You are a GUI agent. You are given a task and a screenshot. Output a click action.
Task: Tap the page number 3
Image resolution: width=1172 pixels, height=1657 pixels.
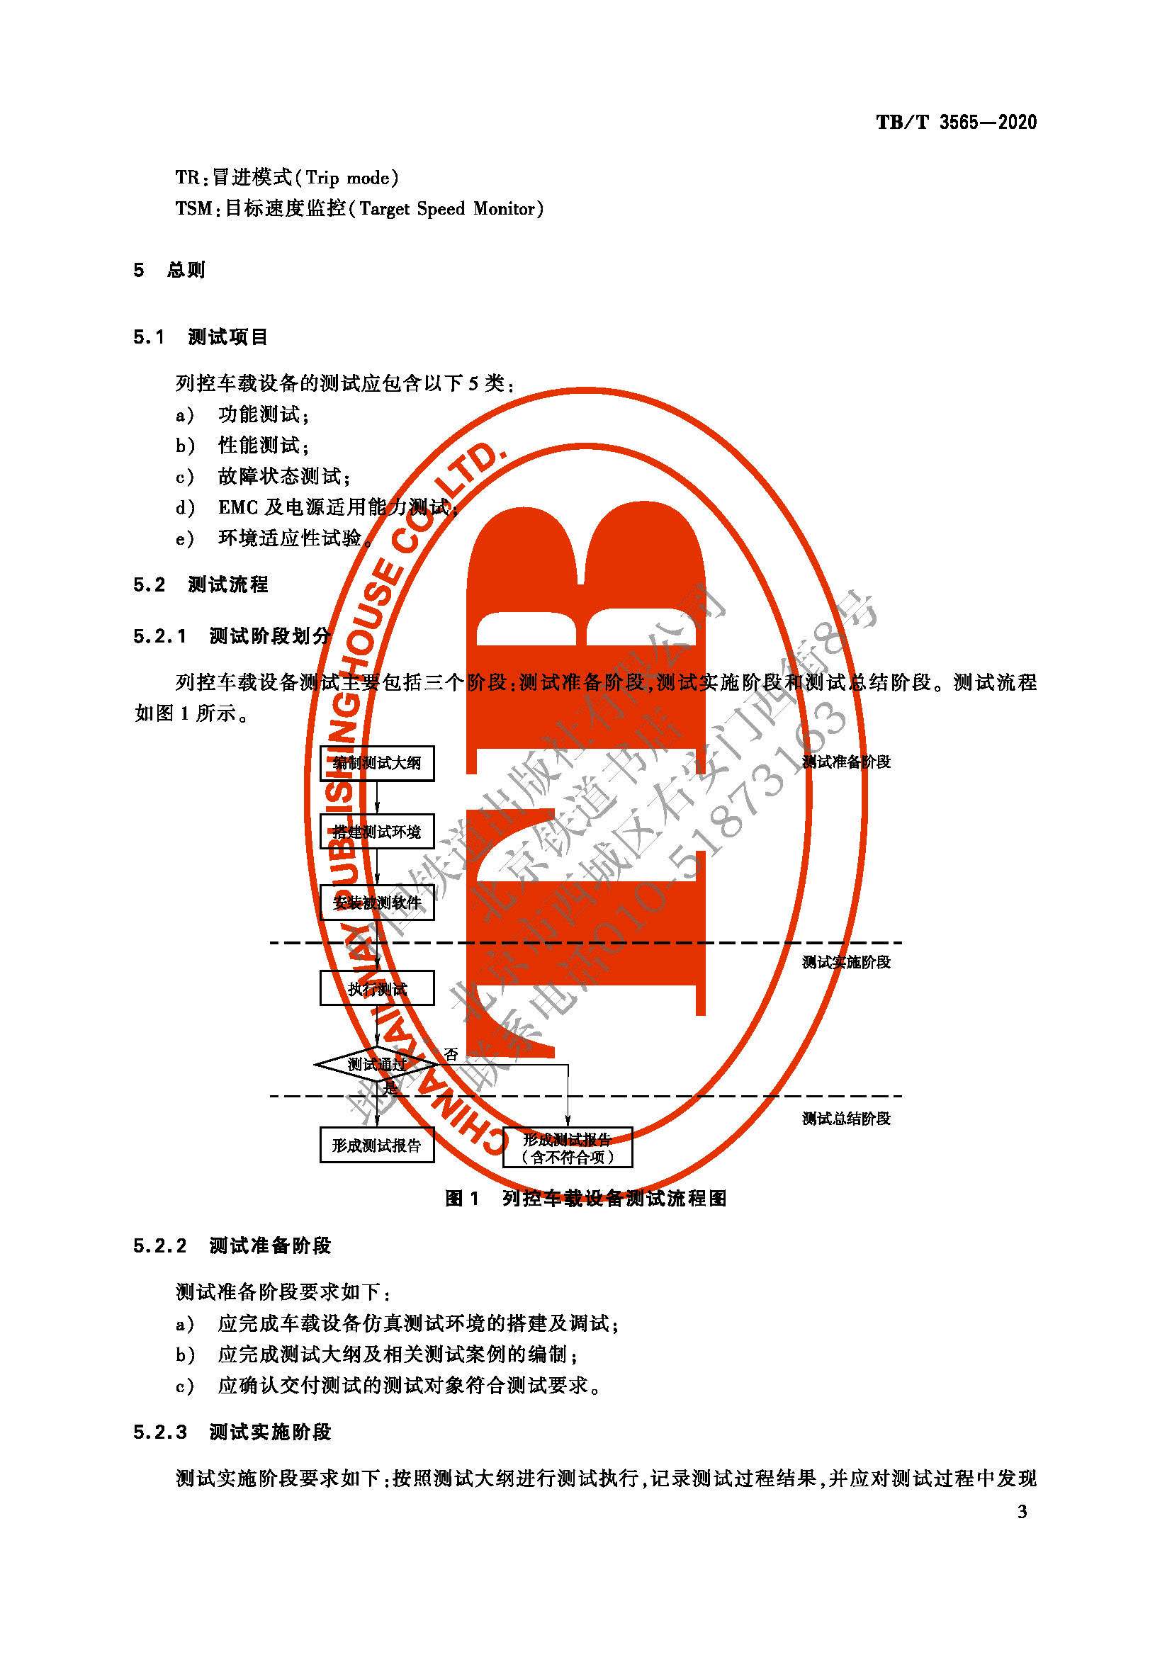pos(1022,1511)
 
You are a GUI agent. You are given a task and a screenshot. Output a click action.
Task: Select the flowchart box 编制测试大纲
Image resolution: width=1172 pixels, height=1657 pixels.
pos(377,763)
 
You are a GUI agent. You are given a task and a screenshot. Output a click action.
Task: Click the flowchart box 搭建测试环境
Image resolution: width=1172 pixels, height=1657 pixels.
pos(377,832)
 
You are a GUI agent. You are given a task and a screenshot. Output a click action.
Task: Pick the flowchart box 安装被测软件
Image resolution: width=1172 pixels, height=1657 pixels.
pos(377,902)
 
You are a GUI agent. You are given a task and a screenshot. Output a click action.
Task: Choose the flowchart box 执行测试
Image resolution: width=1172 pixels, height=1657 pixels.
pos(377,988)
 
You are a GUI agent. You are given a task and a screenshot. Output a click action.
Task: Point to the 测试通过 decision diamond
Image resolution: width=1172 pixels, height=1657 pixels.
pos(376,1064)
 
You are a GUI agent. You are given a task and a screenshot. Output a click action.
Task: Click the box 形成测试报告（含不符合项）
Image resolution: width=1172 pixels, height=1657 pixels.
pos(568,1148)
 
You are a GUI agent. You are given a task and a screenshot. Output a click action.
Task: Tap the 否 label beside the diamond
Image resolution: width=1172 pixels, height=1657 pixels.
pos(451,1054)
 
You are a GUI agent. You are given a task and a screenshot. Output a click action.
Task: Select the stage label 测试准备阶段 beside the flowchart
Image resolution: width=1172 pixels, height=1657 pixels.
pos(846,762)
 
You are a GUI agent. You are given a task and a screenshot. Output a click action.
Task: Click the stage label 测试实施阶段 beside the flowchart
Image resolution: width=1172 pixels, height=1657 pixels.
pos(846,962)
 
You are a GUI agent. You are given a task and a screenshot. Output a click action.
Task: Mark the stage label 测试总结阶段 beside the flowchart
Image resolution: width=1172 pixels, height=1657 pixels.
pos(846,1118)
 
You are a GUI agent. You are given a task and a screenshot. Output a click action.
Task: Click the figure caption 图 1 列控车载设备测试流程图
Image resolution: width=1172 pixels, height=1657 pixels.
pos(585,1199)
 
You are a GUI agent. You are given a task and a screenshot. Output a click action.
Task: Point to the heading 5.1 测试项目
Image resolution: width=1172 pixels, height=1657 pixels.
pos(200,337)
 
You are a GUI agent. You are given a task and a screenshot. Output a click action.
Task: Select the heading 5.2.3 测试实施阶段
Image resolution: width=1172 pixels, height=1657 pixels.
pos(232,1432)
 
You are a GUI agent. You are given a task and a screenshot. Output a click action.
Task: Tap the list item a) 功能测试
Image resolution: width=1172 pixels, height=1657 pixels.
pos(242,414)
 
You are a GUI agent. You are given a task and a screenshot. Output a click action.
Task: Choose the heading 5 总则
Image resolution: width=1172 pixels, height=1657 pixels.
pos(169,270)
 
